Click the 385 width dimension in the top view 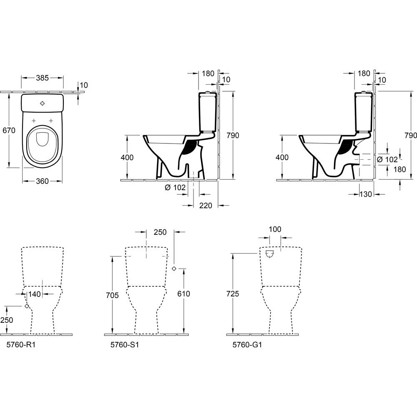42,78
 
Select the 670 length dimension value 8,130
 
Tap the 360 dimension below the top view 42,181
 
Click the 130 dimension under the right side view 366,194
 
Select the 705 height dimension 112,295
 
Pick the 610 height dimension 183,294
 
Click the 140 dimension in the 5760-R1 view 35,294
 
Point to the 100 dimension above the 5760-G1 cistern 275,229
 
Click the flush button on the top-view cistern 43,103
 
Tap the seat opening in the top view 42,140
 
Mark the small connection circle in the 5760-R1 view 27,306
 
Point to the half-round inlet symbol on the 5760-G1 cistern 270,254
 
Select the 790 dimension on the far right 410,136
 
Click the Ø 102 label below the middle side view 175,187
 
